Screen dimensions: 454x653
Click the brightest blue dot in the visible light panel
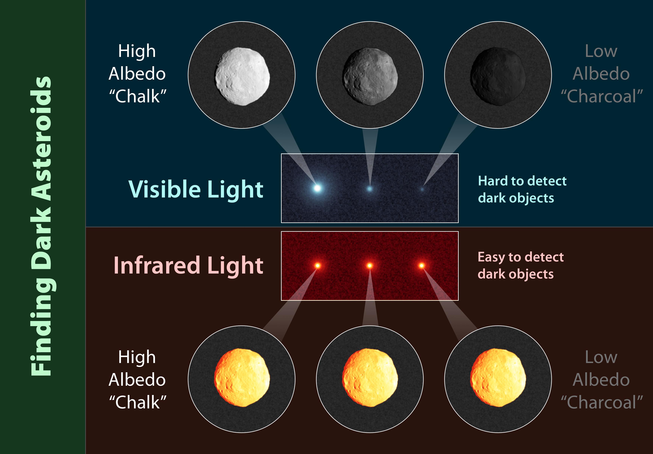coord(317,188)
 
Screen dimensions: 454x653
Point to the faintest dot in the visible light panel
coord(422,189)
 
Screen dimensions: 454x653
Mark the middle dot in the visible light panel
coord(369,188)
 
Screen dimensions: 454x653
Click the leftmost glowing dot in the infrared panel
coord(318,266)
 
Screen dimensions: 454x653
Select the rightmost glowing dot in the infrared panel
coord(422,266)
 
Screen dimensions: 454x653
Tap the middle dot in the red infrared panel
coord(369,266)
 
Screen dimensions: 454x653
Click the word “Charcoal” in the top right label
coord(602,96)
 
